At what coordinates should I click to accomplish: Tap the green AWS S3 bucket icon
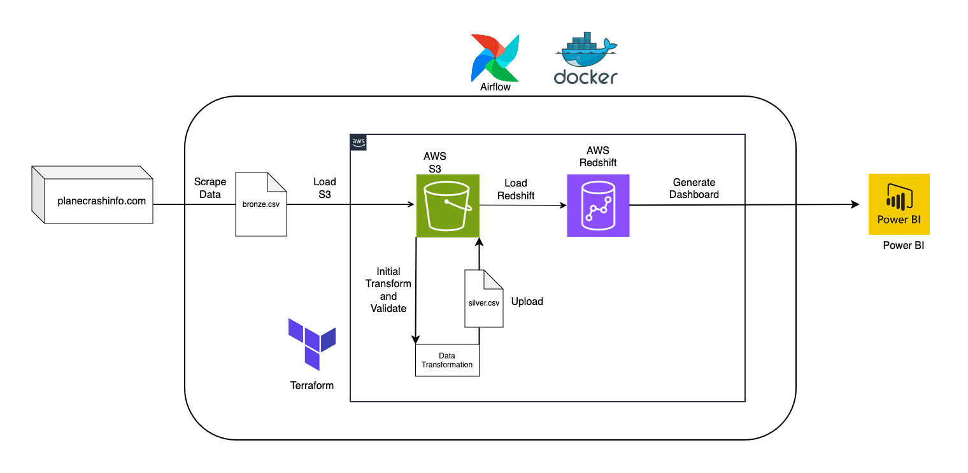(448, 206)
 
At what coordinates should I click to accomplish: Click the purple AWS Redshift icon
(598, 206)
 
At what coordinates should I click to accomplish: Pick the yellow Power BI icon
(899, 204)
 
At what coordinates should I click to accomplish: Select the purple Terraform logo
(311, 344)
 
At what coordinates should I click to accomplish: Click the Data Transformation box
(447, 360)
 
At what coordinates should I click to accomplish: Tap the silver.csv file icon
(483, 299)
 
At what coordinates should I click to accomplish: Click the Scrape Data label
(210, 188)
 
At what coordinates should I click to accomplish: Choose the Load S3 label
(325, 188)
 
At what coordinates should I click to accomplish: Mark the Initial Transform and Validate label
(388, 290)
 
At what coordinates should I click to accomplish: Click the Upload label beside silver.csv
(527, 301)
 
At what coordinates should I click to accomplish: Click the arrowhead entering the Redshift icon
(563, 206)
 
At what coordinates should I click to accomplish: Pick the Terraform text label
(312, 385)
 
